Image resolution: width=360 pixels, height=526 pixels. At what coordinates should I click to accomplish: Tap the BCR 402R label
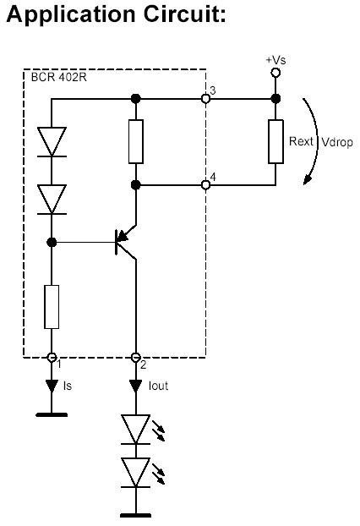[x=57, y=78]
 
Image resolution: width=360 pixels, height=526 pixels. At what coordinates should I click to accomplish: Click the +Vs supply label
[x=275, y=61]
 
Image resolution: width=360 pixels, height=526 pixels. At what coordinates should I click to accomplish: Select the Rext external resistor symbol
[x=275, y=140]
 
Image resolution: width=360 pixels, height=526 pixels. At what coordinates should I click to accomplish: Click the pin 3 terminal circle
[x=205, y=99]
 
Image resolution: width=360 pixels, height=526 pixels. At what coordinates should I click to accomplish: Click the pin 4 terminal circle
[x=205, y=184]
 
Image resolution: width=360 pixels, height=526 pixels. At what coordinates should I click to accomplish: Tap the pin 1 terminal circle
[x=52, y=357]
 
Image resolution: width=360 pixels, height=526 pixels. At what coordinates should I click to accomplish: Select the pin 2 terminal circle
[x=135, y=357]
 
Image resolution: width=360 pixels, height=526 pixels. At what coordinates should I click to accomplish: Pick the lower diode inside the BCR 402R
[x=52, y=199]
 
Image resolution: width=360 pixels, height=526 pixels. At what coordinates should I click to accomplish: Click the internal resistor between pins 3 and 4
[x=135, y=140]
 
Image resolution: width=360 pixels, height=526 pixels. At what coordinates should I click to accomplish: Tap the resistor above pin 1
[x=52, y=306]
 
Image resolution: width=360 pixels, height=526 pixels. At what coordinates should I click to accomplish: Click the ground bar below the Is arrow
[x=52, y=415]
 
